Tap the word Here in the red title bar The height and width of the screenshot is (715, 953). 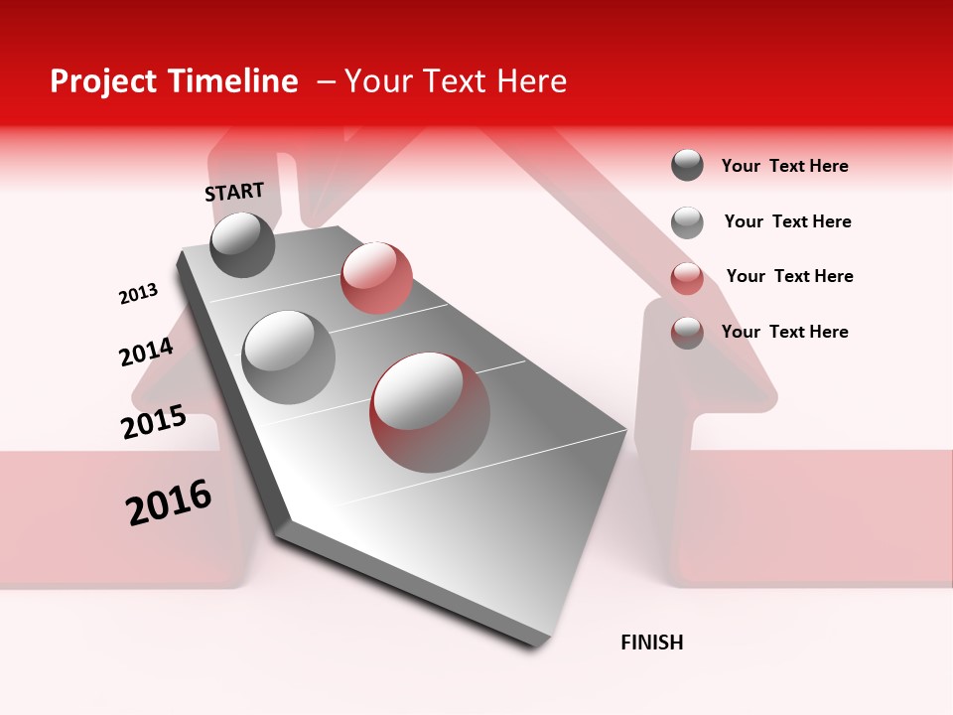531,81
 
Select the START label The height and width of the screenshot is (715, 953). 234,192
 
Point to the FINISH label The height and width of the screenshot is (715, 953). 652,643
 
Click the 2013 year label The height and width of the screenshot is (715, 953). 138,294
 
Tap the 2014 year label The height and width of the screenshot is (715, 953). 146,352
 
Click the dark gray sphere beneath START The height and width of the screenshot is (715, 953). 242,244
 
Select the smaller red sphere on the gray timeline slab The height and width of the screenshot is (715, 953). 376,278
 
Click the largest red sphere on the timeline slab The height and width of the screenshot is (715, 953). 430,412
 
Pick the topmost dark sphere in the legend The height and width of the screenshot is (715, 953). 687,166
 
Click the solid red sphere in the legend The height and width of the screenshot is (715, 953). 687,278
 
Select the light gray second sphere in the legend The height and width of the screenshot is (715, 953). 687,222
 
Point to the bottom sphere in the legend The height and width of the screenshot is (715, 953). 687,333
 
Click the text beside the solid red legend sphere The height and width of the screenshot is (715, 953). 789,276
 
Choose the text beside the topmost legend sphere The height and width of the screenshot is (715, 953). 784,166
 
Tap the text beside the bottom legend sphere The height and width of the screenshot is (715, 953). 784,332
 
